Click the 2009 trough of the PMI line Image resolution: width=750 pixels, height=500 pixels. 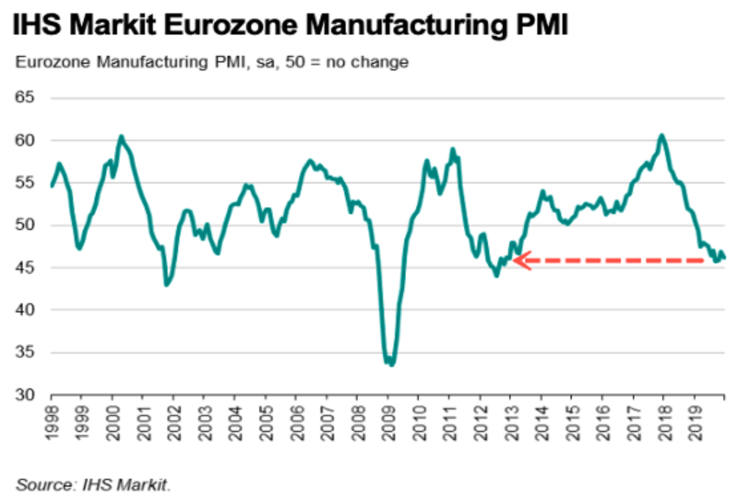(x=392, y=364)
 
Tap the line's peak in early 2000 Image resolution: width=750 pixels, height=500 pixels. (x=121, y=136)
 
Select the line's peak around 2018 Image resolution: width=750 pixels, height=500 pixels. (x=662, y=135)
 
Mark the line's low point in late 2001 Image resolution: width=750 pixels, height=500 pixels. (x=166, y=285)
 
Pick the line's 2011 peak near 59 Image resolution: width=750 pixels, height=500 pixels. (x=452, y=149)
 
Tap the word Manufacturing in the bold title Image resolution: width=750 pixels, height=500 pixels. (x=402, y=26)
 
